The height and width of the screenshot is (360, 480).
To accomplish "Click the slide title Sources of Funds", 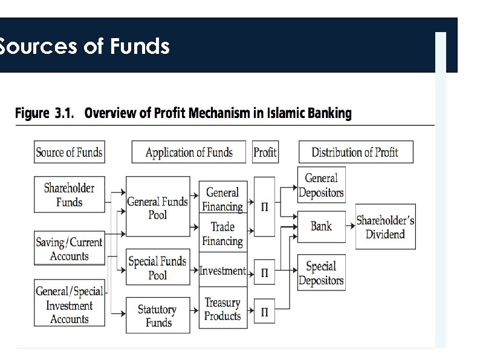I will click(x=85, y=46).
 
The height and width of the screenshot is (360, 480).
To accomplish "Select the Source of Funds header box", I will click(x=68, y=152).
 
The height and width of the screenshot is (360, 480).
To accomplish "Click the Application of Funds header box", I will click(x=189, y=152).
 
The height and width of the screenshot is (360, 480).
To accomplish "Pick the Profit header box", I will click(x=265, y=152).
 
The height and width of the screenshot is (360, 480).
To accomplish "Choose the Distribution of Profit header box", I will click(x=355, y=152).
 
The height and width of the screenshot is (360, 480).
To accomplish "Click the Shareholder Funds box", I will click(x=69, y=195).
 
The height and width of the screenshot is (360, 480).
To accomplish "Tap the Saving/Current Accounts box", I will click(x=69, y=249).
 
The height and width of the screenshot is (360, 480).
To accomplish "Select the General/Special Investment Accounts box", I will click(x=69, y=305).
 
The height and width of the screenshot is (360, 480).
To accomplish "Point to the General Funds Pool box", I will click(x=157, y=208).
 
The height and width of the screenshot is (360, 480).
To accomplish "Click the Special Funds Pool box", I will click(x=157, y=267).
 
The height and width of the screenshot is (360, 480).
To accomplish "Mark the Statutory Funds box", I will click(x=157, y=315).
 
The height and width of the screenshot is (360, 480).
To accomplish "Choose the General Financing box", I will click(x=222, y=199).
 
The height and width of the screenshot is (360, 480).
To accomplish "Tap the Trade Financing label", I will click(x=222, y=234).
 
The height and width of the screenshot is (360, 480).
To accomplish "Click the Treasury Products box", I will click(x=222, y=309).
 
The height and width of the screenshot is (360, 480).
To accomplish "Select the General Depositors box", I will click(x=321, y=186).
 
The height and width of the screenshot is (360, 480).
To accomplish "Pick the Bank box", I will click(x=321, y=226).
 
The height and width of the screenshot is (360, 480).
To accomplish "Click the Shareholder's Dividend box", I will click(x=385, y=227).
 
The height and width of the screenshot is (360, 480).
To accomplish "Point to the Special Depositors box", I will click(x=321, y=273).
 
